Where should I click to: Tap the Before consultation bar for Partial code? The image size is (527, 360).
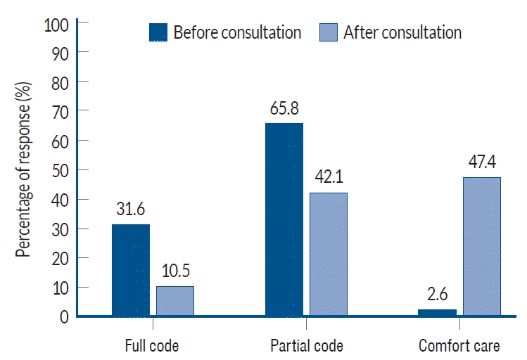tap(284, 219)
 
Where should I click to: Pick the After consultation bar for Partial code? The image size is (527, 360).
tap(329, 255)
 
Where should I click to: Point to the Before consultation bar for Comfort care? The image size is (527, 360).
tap(437, 312)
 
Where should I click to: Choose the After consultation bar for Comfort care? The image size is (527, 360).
tap(481, 246)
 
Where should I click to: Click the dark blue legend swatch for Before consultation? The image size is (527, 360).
tap(158, 32)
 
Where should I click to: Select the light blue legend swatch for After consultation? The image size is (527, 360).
tap(329, 32)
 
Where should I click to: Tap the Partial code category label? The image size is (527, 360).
tap(307, 346)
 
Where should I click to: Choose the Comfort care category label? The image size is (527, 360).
tap(459, 346)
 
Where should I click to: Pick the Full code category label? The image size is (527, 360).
tap(152, 346)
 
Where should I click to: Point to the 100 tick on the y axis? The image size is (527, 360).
tap(57, 23)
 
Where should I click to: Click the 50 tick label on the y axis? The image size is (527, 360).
tap(60, 170)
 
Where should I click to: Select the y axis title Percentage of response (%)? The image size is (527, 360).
tap(24, 170)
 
